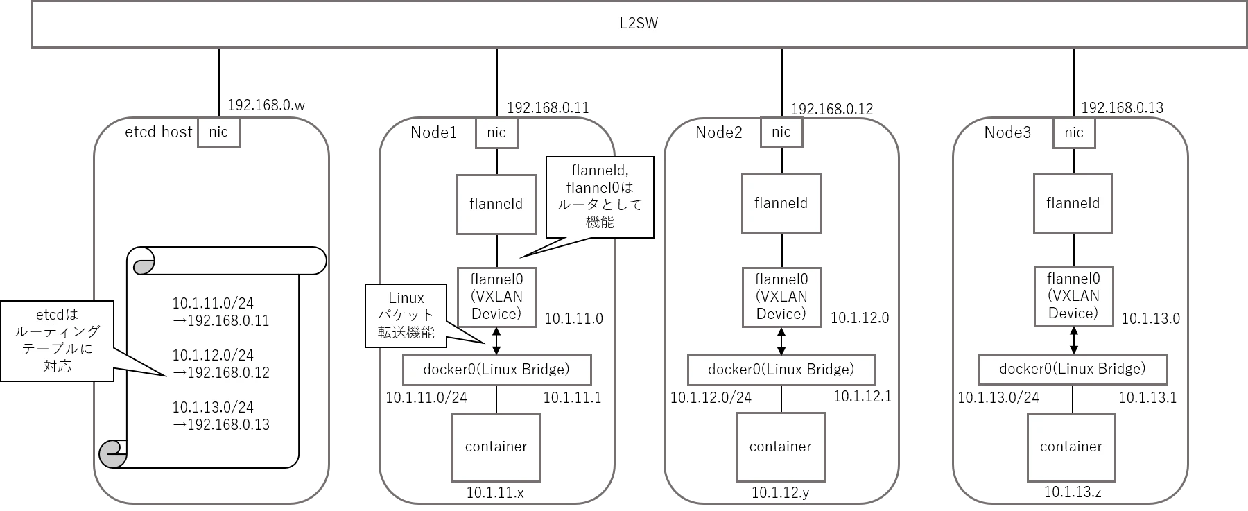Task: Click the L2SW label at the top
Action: [x=638, y=24]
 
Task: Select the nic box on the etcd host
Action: [x=218, y=132]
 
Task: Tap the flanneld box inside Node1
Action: [x=496, y=204]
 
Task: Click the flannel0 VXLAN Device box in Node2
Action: [x=781, y=297]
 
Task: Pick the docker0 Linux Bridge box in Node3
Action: [x=1073, y=370]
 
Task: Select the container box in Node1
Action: [x=496, y=447]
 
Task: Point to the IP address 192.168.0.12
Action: [x=832, y=109]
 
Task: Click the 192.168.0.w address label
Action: [x=266, y=105]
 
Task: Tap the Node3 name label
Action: [x=1007, y=132]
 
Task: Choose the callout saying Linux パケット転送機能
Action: [x=406, y=315]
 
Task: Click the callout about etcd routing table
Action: [x=57, y=340]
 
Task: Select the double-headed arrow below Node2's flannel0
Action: [x=782, y=341]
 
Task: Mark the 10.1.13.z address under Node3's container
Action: [x=1072, y=492]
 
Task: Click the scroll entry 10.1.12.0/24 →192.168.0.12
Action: [x=220, y=364]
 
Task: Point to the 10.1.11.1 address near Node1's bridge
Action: [x=572, y=397]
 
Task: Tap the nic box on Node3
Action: [x=1074, y=132]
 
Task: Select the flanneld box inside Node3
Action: [x=1073, y=203]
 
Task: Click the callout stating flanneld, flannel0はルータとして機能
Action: [x=600, y=197]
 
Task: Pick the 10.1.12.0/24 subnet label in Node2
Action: [x=711, y=398]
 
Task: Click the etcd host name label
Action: [x=158, y=132]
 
